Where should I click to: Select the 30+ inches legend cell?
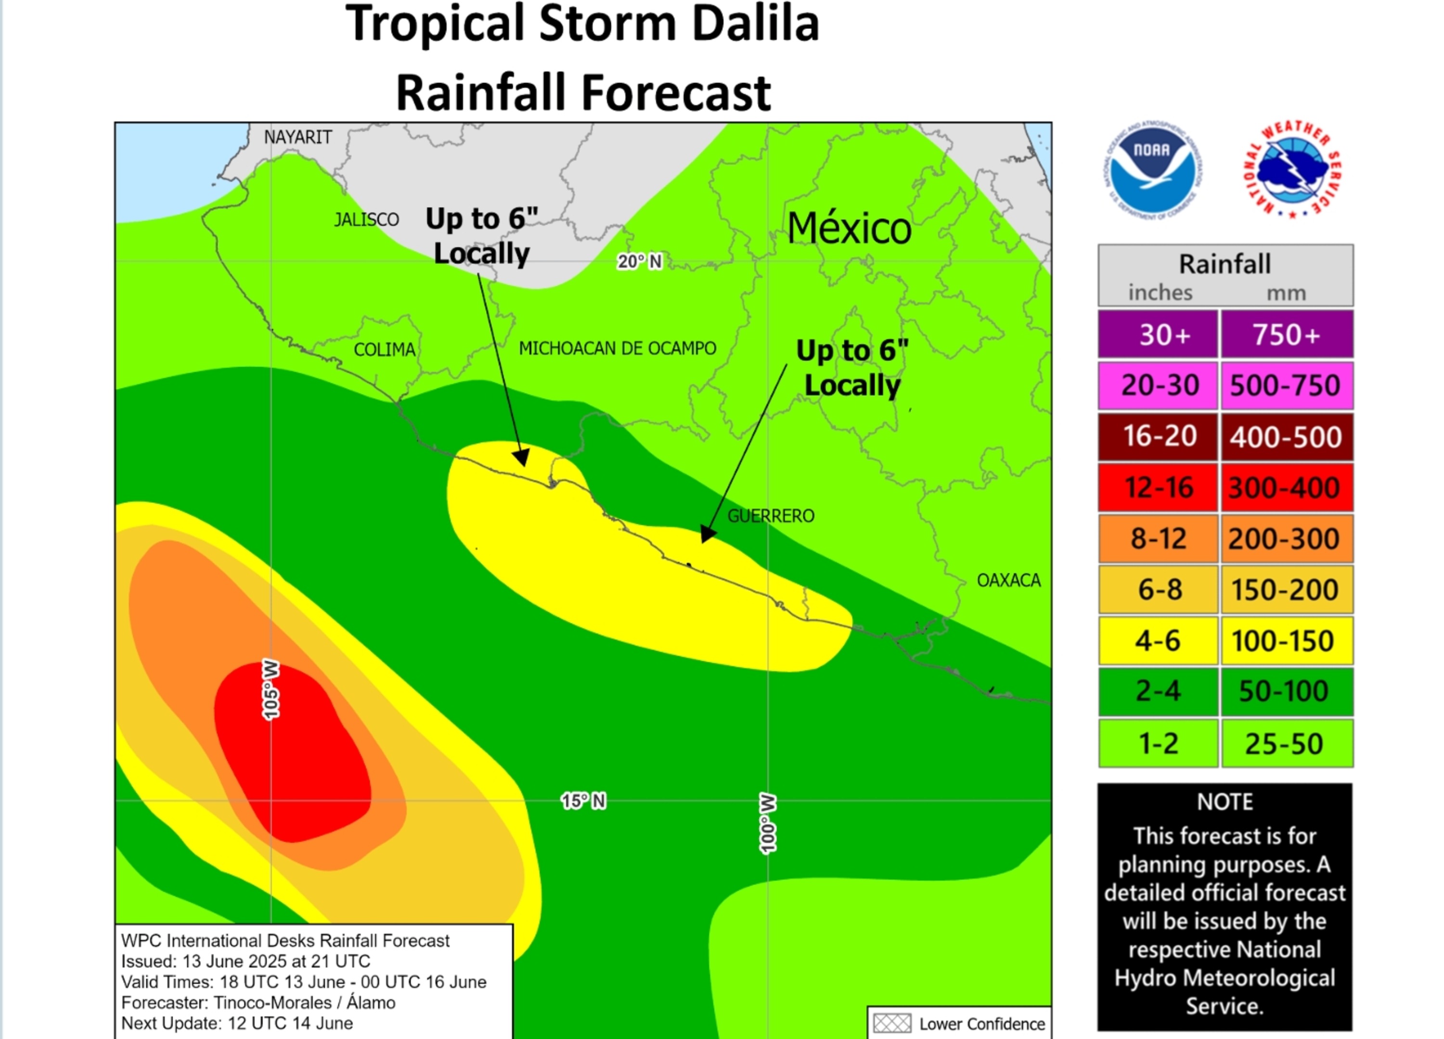click(x=1158, y=335)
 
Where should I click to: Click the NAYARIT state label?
click(x=298, y=138)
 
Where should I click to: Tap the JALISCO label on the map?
click(x=367, y=219)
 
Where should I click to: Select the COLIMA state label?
click(x=385, y=349)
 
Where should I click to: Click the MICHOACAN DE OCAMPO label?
click(x=618, y=348)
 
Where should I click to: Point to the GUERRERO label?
click(x=771, y=516)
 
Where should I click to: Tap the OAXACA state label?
click(x=1008, y=580)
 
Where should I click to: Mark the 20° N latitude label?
click(x=639, y=262)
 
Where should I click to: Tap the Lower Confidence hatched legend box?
click(x=892, y=1024)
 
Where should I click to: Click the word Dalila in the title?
click(x=755, y=24)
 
